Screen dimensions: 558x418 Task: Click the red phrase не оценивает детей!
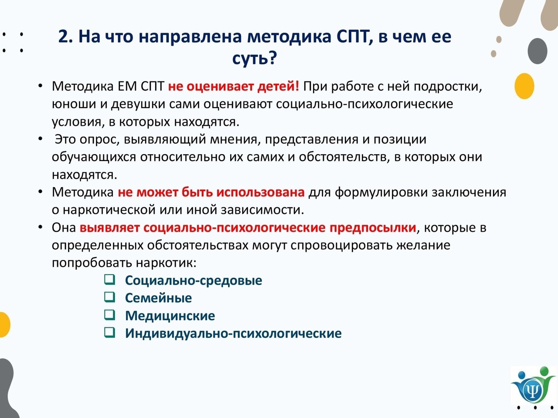(234, 87)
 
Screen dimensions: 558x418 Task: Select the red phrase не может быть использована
(211, 192)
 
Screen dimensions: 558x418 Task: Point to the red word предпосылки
(373, 228)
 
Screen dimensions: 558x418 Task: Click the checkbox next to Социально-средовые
(109, 280)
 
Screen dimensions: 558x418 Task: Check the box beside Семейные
(109, 297)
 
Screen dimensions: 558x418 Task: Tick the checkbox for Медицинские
(109, 315)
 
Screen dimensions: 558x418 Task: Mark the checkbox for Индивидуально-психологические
(109, 333)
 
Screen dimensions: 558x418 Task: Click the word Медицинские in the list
(170, 316)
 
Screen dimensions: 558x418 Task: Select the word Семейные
(158, 298)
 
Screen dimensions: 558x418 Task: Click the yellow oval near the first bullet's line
(524, 86)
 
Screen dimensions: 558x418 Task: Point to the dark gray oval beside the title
(537, 51)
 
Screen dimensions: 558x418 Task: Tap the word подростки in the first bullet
(448, 87)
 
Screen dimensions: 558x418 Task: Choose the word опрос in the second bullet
(99, 140)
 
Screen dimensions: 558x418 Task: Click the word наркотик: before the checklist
(166, 263)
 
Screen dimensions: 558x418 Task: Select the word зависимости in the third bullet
(262, 210)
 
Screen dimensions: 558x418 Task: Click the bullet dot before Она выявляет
(40, 227)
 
